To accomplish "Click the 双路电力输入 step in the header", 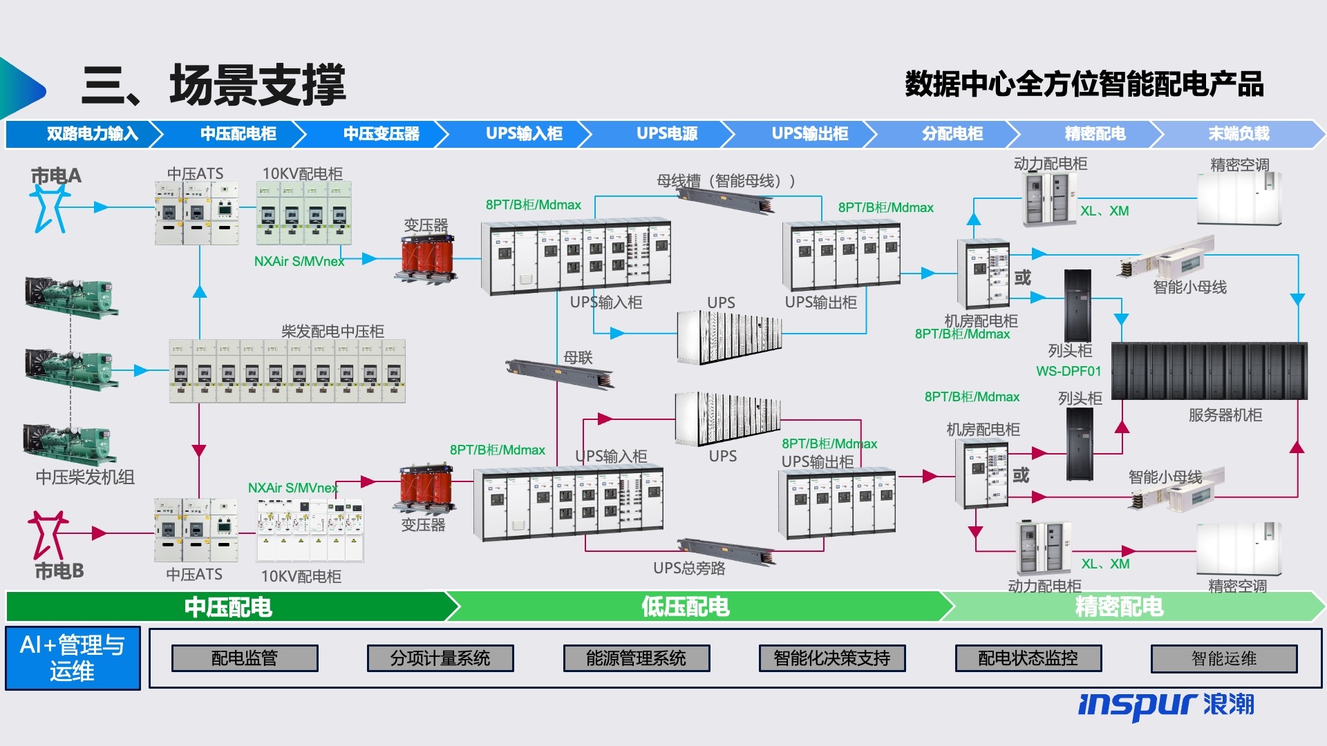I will point(92,134).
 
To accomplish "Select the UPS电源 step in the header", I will point(667,134).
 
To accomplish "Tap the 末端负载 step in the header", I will point(1239,134).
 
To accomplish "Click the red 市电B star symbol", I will point(47,535).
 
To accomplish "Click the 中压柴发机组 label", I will point(85,477).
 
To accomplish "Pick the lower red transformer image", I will point(425,489).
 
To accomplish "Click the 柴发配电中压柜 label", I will point(332,331).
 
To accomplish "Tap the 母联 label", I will point(578,358).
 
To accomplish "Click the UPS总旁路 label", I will point(689,568).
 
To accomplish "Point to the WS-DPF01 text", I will point(1068,372).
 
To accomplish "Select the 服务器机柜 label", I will point(1225,415).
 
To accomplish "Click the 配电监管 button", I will point(245,658).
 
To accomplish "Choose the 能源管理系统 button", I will point(636,658).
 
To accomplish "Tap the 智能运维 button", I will point(1223,658).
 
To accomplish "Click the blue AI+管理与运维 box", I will point(73,658).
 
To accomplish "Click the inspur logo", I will point(1165,705).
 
